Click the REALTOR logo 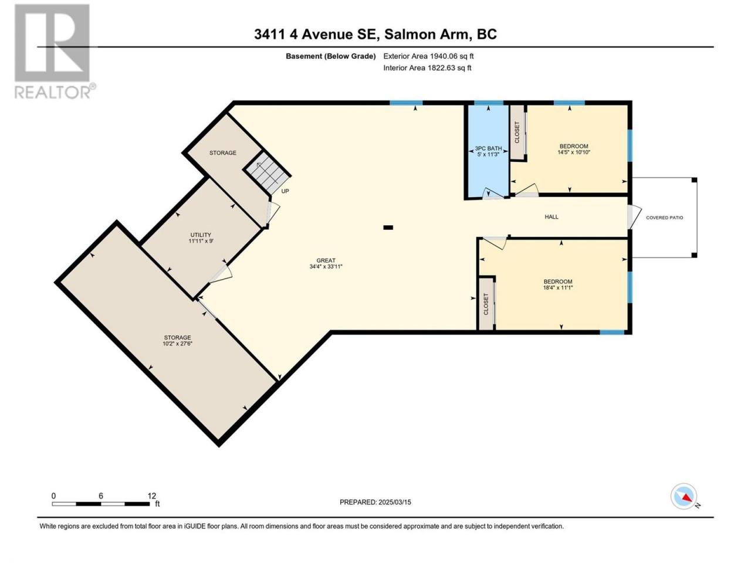click(55, 51)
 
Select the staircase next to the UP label click(267, 173)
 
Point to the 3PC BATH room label click(488, 148)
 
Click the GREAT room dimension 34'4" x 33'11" click(326, 267)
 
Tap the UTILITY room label click(201, 235)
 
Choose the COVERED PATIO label click(664, 218)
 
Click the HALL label click(552, 217)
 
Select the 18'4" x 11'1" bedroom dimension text click(558, 288)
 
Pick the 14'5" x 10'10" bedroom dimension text click(574, 152)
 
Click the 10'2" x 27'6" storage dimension click(177, 344)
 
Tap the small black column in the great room click(388, 228)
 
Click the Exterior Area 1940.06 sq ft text click(428, 56)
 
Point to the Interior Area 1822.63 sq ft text click(427, 67)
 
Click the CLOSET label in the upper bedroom click(517, 133)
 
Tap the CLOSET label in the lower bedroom click(486, 304)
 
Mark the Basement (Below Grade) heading click(331, 56)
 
